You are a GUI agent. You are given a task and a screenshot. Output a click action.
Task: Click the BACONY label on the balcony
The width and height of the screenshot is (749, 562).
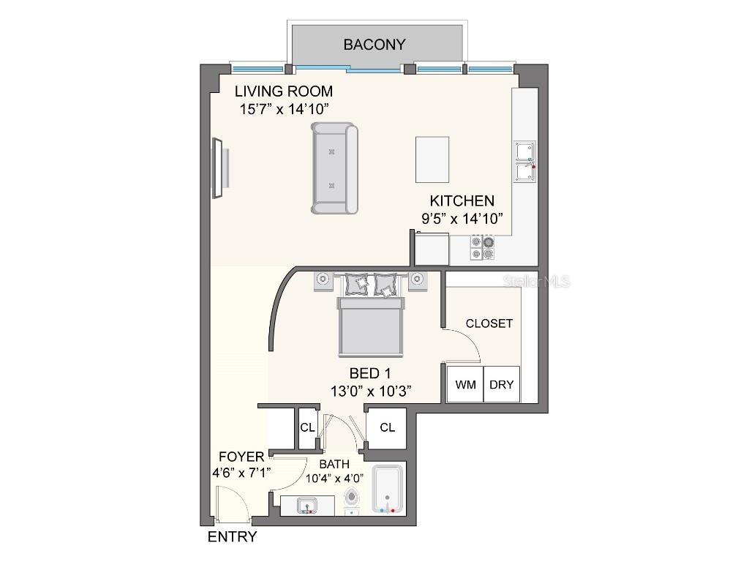[374, 45]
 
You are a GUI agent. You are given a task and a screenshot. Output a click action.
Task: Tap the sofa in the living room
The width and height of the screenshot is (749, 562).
[335, 169]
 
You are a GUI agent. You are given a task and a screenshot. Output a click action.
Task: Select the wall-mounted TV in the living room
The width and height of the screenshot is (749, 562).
[218, 168]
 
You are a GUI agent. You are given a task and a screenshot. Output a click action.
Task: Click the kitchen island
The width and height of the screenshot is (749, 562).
[432, 159]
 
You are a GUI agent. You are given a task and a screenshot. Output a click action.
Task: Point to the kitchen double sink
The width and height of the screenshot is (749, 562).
[524, 162]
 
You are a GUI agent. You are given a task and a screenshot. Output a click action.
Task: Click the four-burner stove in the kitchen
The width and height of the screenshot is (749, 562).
[482, 247]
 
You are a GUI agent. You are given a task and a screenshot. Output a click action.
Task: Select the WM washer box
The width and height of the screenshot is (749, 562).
[465, 384]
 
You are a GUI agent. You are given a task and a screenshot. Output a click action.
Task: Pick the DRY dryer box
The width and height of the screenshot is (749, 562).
[502, 384]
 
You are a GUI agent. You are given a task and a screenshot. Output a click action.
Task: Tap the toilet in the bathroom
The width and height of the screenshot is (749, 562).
[353, 499]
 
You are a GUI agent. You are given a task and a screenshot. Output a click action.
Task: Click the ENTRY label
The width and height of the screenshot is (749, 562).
[232, 537]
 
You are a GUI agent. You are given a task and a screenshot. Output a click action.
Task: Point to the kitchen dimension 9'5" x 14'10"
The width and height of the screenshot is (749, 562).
[462, 218]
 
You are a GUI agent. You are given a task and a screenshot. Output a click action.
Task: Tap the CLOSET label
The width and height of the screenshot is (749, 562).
[489, 323]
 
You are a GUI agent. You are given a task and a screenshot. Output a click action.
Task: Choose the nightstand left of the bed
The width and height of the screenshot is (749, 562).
[323, 280]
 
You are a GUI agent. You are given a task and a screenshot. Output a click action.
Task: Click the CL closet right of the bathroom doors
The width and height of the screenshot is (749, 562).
[387, 427]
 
